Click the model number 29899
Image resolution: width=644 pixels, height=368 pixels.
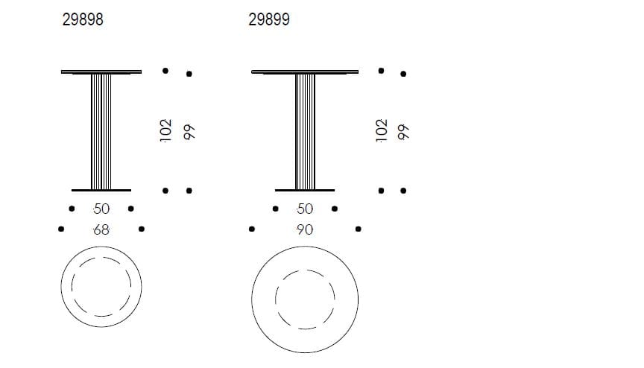268,21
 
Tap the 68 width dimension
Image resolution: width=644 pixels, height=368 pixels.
101,229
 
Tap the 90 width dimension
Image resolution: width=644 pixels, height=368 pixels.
305,229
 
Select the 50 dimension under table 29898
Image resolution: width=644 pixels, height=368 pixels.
101,209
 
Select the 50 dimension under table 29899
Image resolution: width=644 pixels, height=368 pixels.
305,209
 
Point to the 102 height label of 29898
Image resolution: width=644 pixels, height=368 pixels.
166,130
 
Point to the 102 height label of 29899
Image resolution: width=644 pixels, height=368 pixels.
382,130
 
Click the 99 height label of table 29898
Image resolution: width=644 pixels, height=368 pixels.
189,132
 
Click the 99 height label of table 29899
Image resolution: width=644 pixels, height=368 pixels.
405,132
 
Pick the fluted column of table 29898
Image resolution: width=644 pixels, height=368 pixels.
101,131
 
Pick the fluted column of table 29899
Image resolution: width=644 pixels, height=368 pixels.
305,131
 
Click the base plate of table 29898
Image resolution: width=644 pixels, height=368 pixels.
101,190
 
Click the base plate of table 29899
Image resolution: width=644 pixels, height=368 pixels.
305,190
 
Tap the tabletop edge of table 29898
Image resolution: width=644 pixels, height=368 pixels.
101,72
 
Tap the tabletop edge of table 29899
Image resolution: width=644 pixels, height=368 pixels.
305,72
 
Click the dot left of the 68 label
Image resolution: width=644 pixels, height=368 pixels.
60,229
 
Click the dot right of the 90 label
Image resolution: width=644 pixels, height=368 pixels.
359,229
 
